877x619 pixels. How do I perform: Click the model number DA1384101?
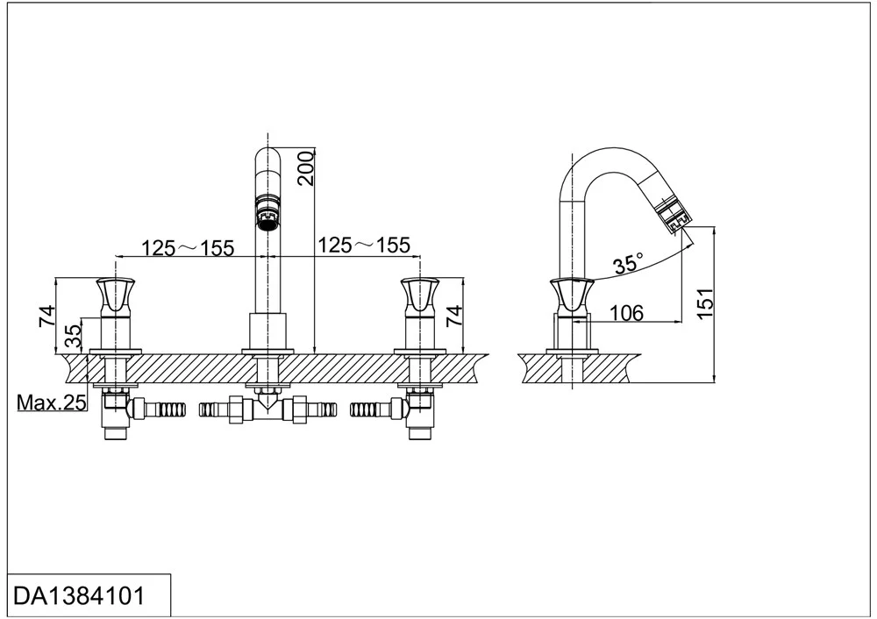pyautogui.click(x=79, y=596)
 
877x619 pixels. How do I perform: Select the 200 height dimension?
pyautogui.click(x=306, y=167)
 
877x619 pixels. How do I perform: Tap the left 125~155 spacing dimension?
pyautogui.click(x=188, y=247)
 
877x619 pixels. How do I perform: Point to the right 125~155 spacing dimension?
pyautogui.click(x=364, y=245)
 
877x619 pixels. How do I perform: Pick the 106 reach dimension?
pyautogui.click(x=626, y=313)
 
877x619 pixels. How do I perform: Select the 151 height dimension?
pyautogui.click(x=706, y=303)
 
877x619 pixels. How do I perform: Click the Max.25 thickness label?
pyautogui.click(x=52, y=402)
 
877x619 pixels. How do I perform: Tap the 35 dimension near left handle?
pyautogui.click(x=74, y=337)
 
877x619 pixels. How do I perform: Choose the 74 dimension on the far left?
pyautogui.click(x=47, y=317)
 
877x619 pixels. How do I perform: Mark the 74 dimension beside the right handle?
pyautogui.click(x=454, y=317)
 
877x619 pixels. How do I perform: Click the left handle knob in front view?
pyautogui.click(x=115, y=295)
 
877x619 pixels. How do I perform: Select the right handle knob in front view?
pyautogui.click(x=419, y=295)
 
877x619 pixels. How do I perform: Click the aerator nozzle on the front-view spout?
pyautogui.click(x=267, y=210)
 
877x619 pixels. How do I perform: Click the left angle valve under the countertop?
pyautogui.click(x=117, y=412)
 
